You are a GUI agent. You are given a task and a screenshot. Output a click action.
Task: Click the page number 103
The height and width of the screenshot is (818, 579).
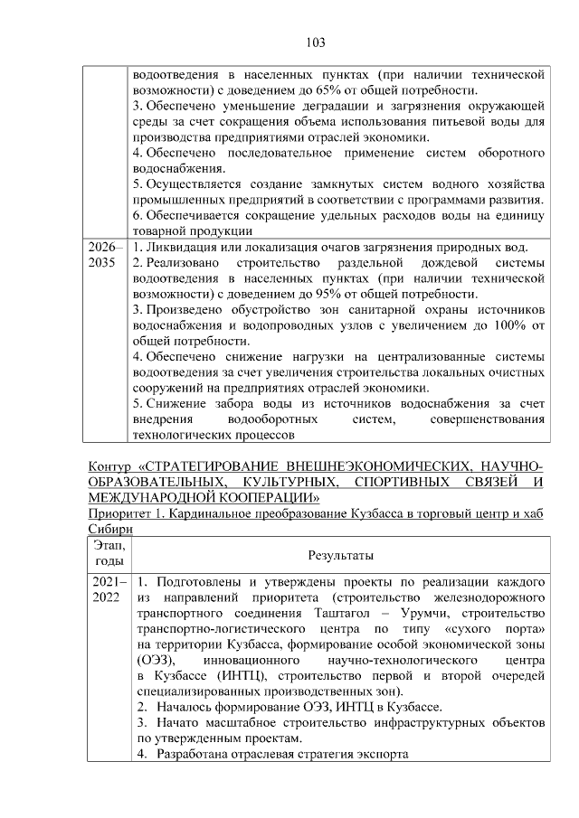pyautogui.click(x=316, y=42)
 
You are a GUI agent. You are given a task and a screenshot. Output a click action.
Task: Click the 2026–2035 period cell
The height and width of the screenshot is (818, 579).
pyautogui.click(x=102, y=254)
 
